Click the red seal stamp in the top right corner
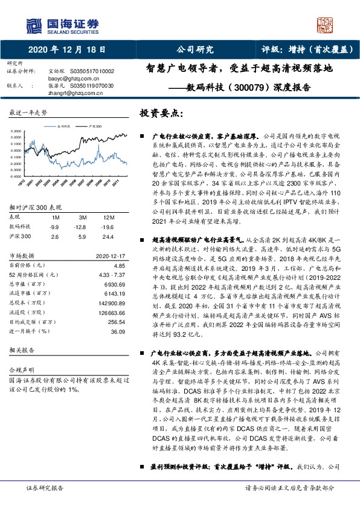pyautogui.click(x=327, y=24)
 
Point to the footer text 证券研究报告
pyautogui.click(x=45, y=503)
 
